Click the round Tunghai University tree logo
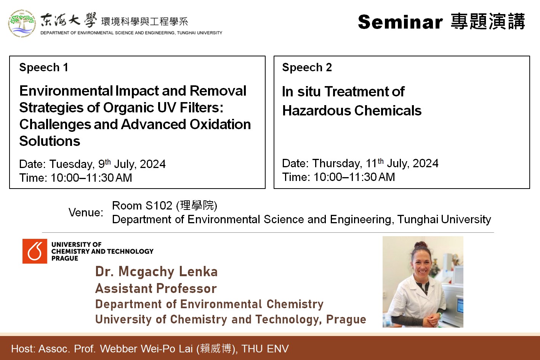tap(22, 23)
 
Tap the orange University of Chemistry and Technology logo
tap(35, 251)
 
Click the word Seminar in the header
tap(400, 22)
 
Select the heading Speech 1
tap(43, 67)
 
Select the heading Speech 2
tap(307, 67)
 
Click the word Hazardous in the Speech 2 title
tap(317, 110)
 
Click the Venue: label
tap(86, 213)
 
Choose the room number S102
tap(159, 206)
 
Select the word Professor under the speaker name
tap(187, 288)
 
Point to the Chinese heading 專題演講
tap(488, 22)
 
